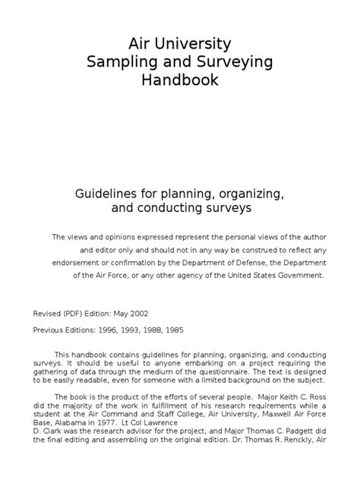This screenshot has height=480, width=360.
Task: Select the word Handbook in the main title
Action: pos(179,80)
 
